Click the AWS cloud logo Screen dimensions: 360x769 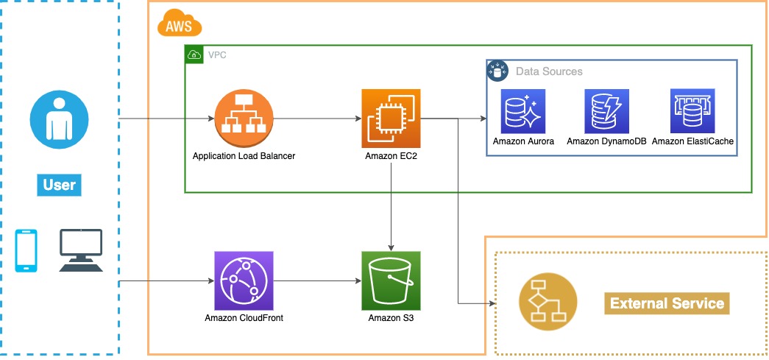(180, 27)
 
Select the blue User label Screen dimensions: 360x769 (59, 184)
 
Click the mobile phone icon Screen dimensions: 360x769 (26, 251)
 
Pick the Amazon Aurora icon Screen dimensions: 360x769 (523, 110)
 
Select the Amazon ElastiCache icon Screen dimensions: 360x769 (692, 110)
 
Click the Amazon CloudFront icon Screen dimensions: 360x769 (244, 280)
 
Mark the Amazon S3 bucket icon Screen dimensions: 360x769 (391, 280)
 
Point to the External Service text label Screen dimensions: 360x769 (667, 303)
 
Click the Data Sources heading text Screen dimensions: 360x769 (549, 71)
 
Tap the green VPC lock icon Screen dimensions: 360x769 (194, 54)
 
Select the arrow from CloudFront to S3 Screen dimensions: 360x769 (316, 281)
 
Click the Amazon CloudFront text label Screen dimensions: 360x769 (244, 318)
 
